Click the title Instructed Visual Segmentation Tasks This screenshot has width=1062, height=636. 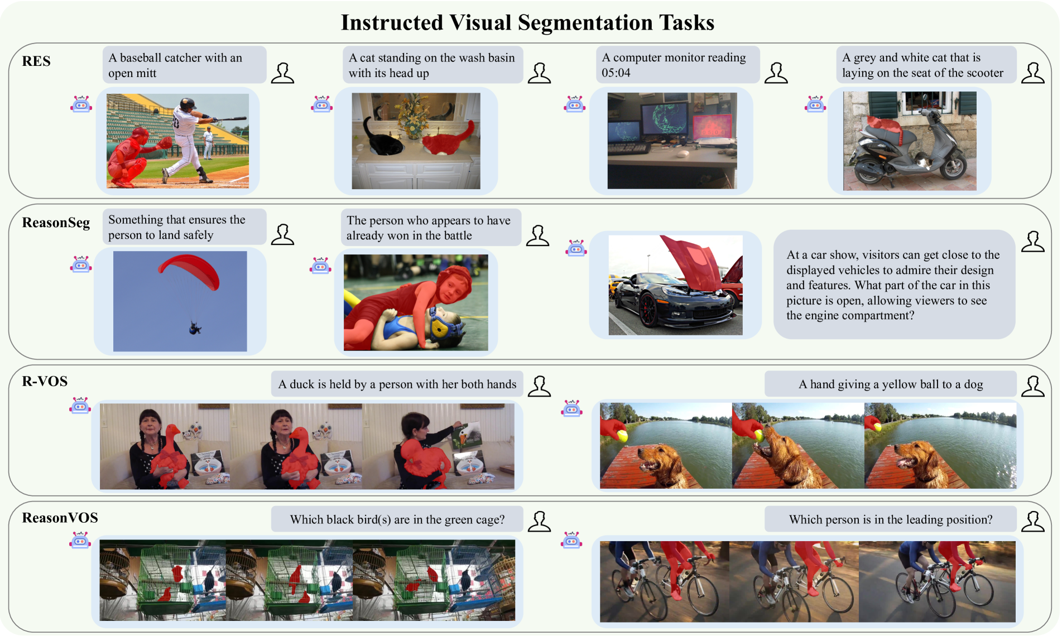527,23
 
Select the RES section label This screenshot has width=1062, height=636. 36,61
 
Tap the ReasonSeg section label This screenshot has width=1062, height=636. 56,223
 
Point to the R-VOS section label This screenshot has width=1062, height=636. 45,381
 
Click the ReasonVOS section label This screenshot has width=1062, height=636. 60,518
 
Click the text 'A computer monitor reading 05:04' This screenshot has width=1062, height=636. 674,65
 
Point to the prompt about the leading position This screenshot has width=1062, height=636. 891,519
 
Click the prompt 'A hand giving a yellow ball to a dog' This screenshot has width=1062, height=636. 891,384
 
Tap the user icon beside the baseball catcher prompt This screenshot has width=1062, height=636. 282,73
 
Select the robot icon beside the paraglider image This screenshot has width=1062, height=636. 81,265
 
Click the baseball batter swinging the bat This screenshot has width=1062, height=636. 190,139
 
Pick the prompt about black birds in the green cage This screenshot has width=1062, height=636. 397,519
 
